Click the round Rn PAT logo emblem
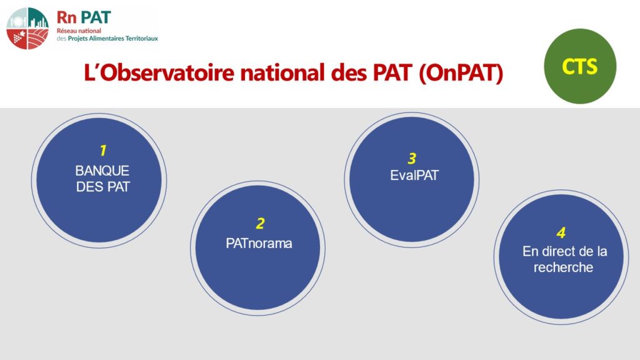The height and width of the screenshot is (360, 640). coord(27,29)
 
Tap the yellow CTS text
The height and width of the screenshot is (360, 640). coord(579,66)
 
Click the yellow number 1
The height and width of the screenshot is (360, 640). coord(103,151)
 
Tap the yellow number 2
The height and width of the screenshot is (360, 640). coord(260,224)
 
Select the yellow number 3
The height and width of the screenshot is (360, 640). coord(412,158)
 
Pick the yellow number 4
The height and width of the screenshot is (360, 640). coord(561,233)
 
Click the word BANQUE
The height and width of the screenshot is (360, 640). coord(102,171)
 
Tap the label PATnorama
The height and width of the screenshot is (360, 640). coord(259,244)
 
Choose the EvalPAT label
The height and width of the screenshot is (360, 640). coord(414,176)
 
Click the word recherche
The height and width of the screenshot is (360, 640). coord(563,267)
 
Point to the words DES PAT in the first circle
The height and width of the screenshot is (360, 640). coord(103,187)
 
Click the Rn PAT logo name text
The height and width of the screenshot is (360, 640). coord(84,17)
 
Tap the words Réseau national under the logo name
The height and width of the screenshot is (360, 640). coord(79,31)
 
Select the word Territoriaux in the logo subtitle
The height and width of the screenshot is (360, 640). coord(140,38)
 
